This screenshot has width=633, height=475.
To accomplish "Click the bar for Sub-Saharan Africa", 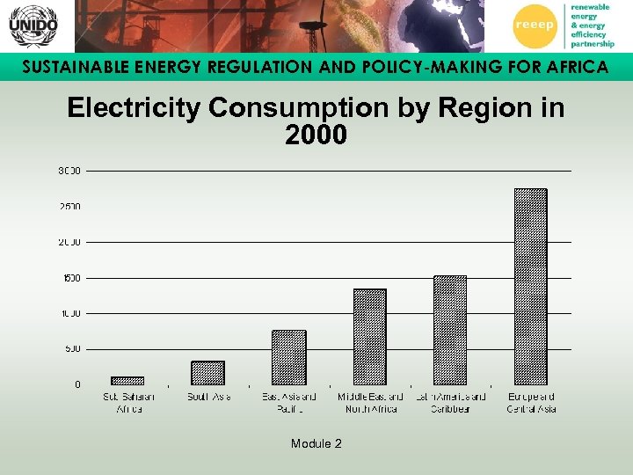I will pyautogui.click(x=127, y=381).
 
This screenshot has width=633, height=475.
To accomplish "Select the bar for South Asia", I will pyautogui.click(x=208, y=373).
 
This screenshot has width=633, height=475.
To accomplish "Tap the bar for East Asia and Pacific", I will pyautogui.click(x=289, y=358).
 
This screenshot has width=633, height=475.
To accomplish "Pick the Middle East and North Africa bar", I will pyautogui.click(x=369, y=337).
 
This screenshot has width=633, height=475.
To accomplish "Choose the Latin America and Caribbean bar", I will pyautogui.click(x=450, y=331).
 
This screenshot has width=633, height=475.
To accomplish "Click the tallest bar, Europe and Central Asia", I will pyautogui.click(x=530, y=287).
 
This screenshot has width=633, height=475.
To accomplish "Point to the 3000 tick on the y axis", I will pyautogui.click(x=69, y=171).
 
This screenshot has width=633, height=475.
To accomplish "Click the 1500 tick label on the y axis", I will pyautogui.click(x=70, y=278).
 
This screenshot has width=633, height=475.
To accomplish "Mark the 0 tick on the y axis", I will pyautogui.click(x=76, y=384).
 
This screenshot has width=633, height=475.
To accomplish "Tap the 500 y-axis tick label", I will pyautogui.click(x=72, y=349).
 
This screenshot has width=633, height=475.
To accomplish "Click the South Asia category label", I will pyautogui.click(x=208, y=398).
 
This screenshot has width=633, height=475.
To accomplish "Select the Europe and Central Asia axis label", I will pyautogui.click(x=531, y=403).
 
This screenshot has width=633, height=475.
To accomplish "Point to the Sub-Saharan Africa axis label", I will pyautogui.click(x=128, y=403).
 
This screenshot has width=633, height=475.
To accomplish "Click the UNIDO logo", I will pyautogui.click(x=33, y=26).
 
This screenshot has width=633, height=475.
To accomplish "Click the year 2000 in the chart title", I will pyautogui.click(x=316, y=135).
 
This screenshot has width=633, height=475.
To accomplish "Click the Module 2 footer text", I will pyautogui.click(x=316, y=443).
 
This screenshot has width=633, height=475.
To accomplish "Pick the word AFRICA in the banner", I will pyautogui.click(x=571, y=68).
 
